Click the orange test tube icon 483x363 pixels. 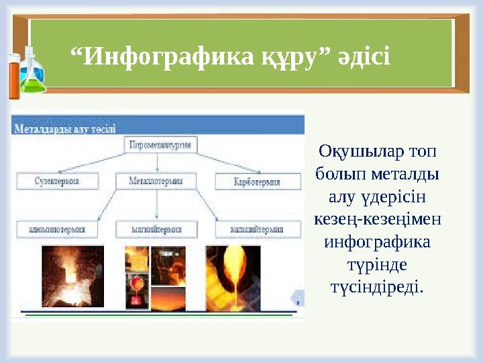13,75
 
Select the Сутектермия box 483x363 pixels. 58,181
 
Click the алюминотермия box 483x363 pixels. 57,229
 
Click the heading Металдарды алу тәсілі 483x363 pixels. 65,128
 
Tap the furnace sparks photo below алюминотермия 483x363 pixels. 72,276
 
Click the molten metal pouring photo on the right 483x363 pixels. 233,278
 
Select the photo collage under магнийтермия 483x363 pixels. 156,278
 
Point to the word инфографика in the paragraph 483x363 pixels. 377,241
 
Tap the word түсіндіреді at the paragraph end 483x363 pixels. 377,287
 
